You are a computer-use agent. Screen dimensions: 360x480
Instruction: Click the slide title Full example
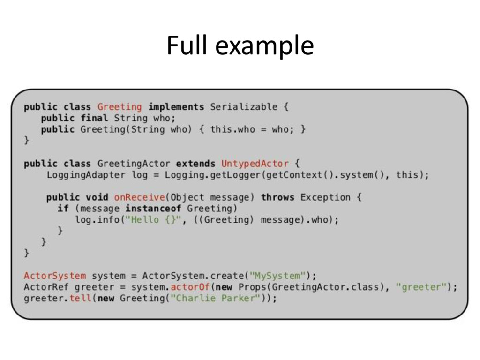240,46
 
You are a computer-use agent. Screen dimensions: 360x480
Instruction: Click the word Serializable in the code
243,107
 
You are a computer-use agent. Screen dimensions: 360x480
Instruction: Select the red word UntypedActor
255,164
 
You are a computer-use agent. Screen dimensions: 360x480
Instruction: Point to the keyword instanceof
153,208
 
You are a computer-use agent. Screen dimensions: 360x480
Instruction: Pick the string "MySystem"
280,276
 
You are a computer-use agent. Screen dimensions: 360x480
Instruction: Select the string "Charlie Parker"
215,298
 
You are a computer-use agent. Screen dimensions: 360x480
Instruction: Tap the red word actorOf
190,287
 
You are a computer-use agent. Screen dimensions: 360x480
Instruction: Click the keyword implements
176,107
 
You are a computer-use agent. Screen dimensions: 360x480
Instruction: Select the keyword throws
277,197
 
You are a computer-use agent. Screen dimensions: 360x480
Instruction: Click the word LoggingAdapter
86,175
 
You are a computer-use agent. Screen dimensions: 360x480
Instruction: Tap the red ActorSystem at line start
55,276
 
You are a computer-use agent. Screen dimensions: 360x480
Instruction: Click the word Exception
325,197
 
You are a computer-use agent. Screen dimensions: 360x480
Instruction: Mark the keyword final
94,118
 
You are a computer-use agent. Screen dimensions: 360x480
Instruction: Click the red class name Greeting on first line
120,107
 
